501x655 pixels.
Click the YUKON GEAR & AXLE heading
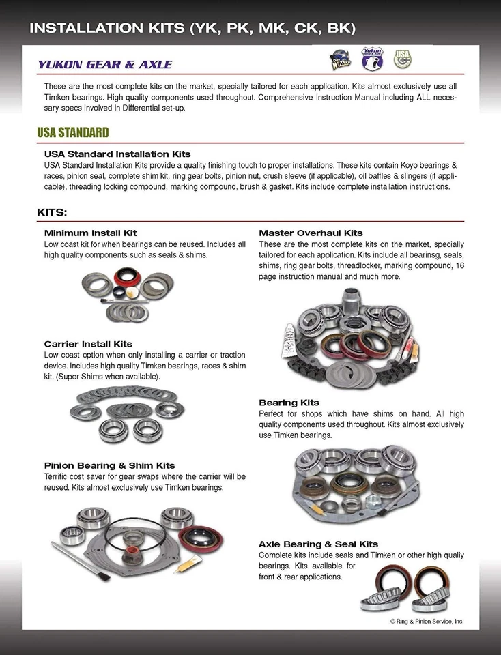tap(104, 65)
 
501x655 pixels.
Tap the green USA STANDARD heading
tap(72, 132)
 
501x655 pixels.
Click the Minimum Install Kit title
tap(90, 233)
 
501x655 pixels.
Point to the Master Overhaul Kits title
tap(311, 233)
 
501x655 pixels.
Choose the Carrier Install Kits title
tap(88, 344)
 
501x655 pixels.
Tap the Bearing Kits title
tap(289, 403)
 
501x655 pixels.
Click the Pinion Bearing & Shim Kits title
tap(109, 465)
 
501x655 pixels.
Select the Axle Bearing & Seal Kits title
tap(318, 544)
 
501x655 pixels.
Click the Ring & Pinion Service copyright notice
tap(426, 622)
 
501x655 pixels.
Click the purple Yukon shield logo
tap(372, 59)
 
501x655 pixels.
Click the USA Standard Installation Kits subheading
tap(117, 154)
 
